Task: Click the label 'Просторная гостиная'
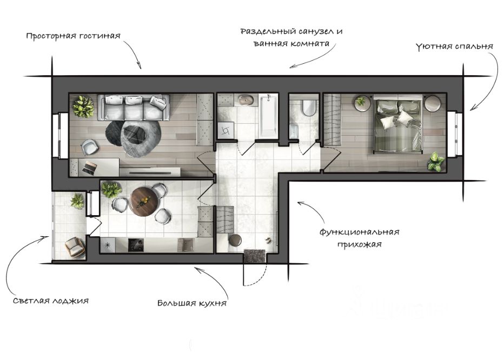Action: click(72, 36)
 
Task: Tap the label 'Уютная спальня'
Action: click(454, 46)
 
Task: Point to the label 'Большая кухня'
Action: click(191, 303)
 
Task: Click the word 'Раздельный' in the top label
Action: click(268, 31)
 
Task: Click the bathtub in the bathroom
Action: click(268, 116)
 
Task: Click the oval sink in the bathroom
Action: click(247, 100)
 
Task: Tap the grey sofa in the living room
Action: click(134, 107)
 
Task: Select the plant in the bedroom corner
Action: click(435, 162)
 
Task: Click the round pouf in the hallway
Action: click(235, 242)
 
